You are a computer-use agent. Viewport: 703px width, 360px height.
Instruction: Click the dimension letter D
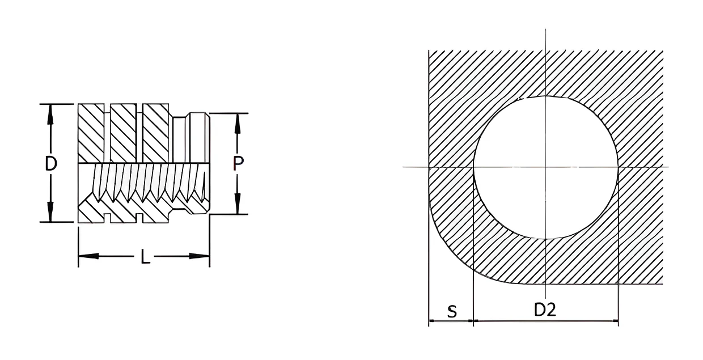pyautogui.click(x=51, y=163)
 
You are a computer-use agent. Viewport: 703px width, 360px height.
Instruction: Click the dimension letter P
pyautogui.click(x=238, y=163)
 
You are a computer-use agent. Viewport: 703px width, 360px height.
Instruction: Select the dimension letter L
pyautogui.click(x=145, y=256)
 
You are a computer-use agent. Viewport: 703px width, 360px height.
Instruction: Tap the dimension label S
pyautogui.click(x=452, y=311)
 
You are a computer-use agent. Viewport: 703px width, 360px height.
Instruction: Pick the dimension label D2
pyautogui.click(x=545, y=310)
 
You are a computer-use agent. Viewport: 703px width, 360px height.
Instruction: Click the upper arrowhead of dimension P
pyautogui.click(x=238, y=123)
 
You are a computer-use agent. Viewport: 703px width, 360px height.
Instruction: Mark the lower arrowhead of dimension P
pyautogui.click(x=238, y=204)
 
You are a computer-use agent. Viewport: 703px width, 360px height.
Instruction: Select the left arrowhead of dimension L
pyautogui.click(x=88, y=256)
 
